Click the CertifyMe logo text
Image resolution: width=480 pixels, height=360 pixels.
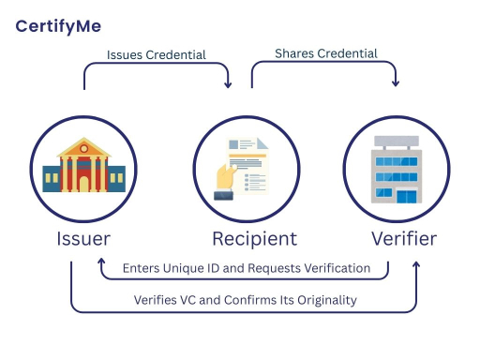point(58,25)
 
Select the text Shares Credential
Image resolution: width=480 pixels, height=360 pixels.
point(326,53)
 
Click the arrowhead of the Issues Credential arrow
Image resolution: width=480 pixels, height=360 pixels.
point(229,87)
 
